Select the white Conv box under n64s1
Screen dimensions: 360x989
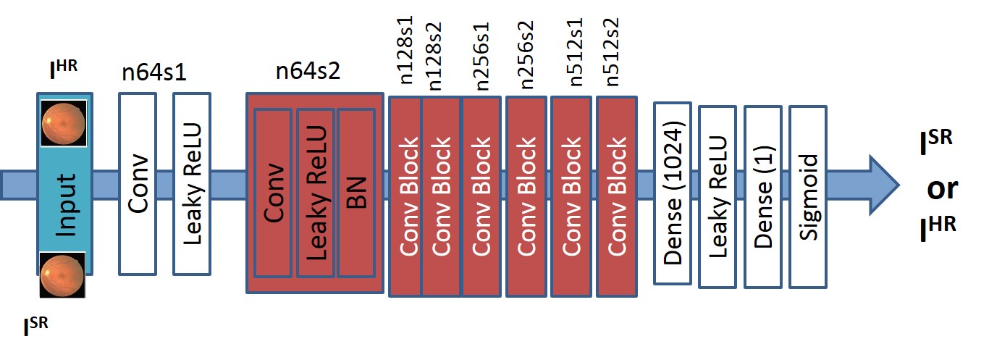(137, 183)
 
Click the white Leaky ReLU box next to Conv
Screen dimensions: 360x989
(192, 183)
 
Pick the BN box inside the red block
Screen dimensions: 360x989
(356, 192)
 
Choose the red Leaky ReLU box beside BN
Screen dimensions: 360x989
(315, 192)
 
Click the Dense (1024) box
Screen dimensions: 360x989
(673, 193)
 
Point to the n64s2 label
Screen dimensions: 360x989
(308, 73)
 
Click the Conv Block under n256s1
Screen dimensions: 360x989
(481, 196)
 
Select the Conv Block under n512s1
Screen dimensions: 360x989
(571, 196)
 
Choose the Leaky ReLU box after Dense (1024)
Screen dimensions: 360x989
(717, 196)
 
